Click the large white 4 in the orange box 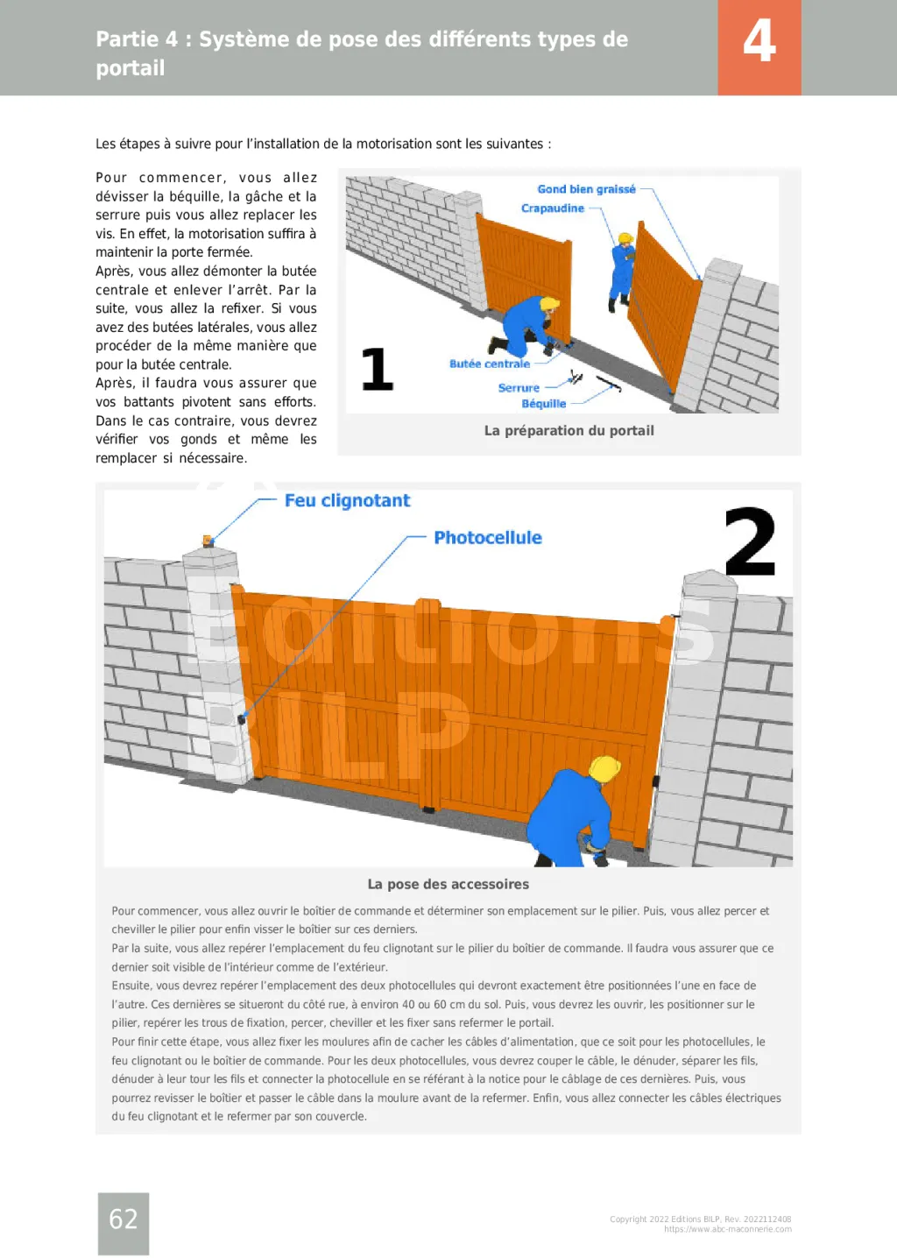click(x=759, y=41)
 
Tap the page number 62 click(x=123, y=1218)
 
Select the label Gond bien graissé click(x=586, y=189)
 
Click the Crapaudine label click(x=553, y=208)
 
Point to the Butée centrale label click(x=490, y=364)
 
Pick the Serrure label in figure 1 click(x=519, y=387)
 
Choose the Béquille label click(x=544, y=404)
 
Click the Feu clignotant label click(x=348, y=500)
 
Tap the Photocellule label click(x=488, y=538)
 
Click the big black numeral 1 click(x=378, y=369)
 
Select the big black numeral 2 click(x=751, y=541)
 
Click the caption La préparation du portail click(x=569, y=431)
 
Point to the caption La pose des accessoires click(x=448, y=884)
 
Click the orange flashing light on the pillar click(x=208, y=541)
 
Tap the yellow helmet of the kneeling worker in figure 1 click(x=549, y=304)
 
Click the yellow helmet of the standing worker click(x=625, y=238)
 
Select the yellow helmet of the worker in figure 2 click(x=604, y=768)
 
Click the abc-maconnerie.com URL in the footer click(x=728, y=1229)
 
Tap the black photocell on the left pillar click(x=242, y=719)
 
